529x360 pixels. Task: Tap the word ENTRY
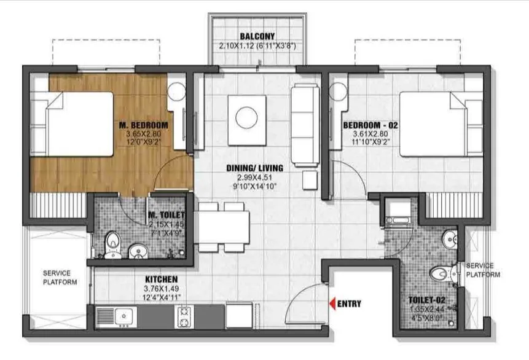point(350,303)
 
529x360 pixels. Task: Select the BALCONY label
point(257,36)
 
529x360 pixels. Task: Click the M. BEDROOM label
point(144,126)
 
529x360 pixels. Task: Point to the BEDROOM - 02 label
point(371,126)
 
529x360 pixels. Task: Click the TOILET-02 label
point(426,300)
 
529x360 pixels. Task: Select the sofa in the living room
point(305,123)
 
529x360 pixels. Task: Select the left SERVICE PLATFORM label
point(56,278)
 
